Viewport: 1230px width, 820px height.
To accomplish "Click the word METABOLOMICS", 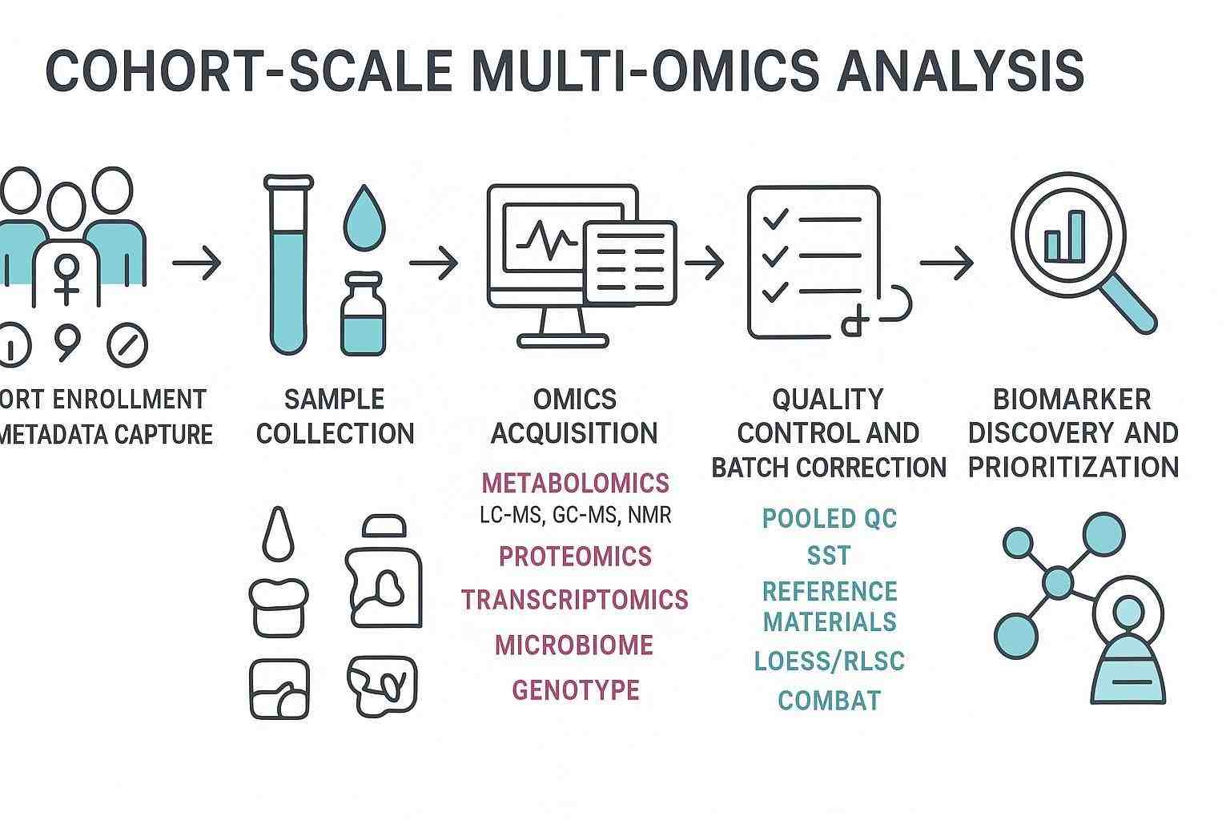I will (575, 483).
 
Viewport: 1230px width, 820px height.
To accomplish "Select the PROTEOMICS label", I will (575, 556).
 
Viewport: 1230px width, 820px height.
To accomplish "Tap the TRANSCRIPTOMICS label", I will (575, 600).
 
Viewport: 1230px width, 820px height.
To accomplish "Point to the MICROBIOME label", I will (574, 645).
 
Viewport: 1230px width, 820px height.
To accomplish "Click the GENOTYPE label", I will (575, 689).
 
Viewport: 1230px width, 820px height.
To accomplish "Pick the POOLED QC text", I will (829, 518).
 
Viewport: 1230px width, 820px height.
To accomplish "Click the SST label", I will (829, 555).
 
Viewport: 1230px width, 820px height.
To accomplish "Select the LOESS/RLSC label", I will (829, 661).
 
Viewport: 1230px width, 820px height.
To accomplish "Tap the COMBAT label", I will (829, 701).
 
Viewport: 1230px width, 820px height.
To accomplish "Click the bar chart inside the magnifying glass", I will (1065, 235).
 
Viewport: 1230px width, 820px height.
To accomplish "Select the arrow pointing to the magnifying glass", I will (947, 263).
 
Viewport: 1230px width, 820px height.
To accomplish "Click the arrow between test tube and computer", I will (433, 263).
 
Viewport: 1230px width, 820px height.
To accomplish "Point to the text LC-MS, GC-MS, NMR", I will (575, 515).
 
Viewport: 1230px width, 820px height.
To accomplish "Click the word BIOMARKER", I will (1071, 399).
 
